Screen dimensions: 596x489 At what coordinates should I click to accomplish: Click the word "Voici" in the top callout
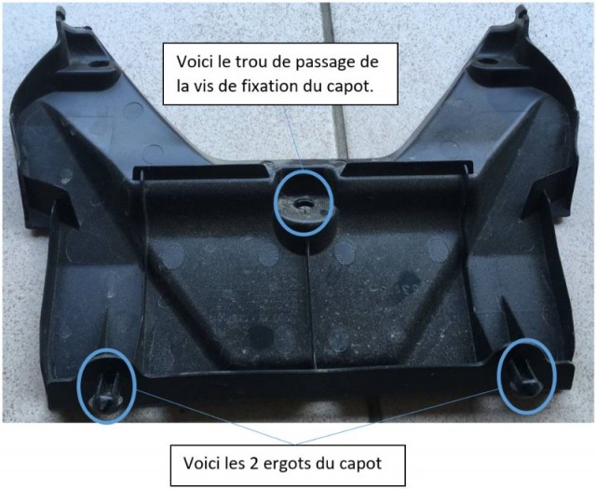coord(193,62)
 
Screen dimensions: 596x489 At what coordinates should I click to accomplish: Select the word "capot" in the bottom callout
coord(359,464)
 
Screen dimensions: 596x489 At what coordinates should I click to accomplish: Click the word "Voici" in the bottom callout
coord(199,463)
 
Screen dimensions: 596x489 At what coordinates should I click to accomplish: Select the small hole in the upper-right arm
coord(488,61)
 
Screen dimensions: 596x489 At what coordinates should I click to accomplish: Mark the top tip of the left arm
coord(61,8)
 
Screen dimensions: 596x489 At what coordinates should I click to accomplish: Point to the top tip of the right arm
coord(521,7)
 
